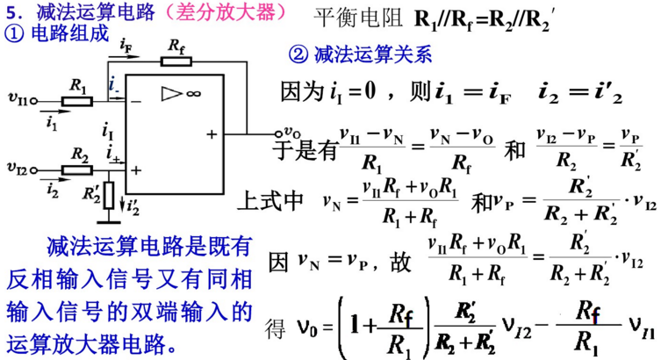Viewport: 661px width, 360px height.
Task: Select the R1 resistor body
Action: (x=78, y=100)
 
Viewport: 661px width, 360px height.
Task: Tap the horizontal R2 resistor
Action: (x=81, y=167)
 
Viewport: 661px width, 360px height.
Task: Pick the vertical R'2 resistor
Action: (x=108, y=194)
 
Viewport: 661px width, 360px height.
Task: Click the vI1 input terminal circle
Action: (x=35, y=100)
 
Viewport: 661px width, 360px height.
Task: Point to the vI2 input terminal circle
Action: (x=35, y=167)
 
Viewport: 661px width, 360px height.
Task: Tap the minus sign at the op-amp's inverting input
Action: (x=136, y=102)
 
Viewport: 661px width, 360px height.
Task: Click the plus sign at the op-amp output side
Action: (x=212, y=134)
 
